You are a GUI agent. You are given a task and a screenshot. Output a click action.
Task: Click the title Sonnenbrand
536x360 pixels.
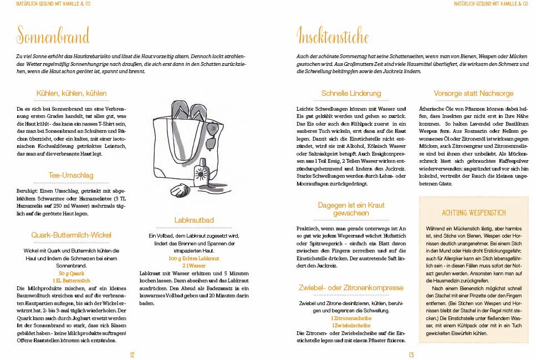(x=53, y=37)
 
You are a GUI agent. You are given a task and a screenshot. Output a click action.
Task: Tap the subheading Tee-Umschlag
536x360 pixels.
(x=71, y=176)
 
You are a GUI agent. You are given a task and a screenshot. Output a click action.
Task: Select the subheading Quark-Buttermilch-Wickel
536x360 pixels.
(x=71, y=234)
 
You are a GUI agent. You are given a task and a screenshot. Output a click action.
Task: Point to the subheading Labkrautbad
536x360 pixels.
(x=193, y=220)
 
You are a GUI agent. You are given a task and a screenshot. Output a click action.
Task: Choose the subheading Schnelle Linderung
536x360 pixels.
(x=351, y=94)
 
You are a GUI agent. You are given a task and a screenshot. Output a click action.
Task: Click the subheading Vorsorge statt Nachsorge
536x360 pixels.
(x=473, y=94)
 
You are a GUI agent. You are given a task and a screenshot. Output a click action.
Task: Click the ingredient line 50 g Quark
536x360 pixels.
(x=72, y=274)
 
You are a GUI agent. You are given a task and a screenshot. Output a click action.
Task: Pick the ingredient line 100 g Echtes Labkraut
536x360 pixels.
(x=193, y=259)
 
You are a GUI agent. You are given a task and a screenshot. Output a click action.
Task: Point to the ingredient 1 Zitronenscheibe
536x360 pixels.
(x=351, y=318)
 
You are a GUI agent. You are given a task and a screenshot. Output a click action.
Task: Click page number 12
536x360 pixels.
(x=132, y=355)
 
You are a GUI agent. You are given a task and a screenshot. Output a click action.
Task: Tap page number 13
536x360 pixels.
(x=412, y=355)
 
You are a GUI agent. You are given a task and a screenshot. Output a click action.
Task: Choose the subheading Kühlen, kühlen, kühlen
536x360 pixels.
(x=71, y=94)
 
